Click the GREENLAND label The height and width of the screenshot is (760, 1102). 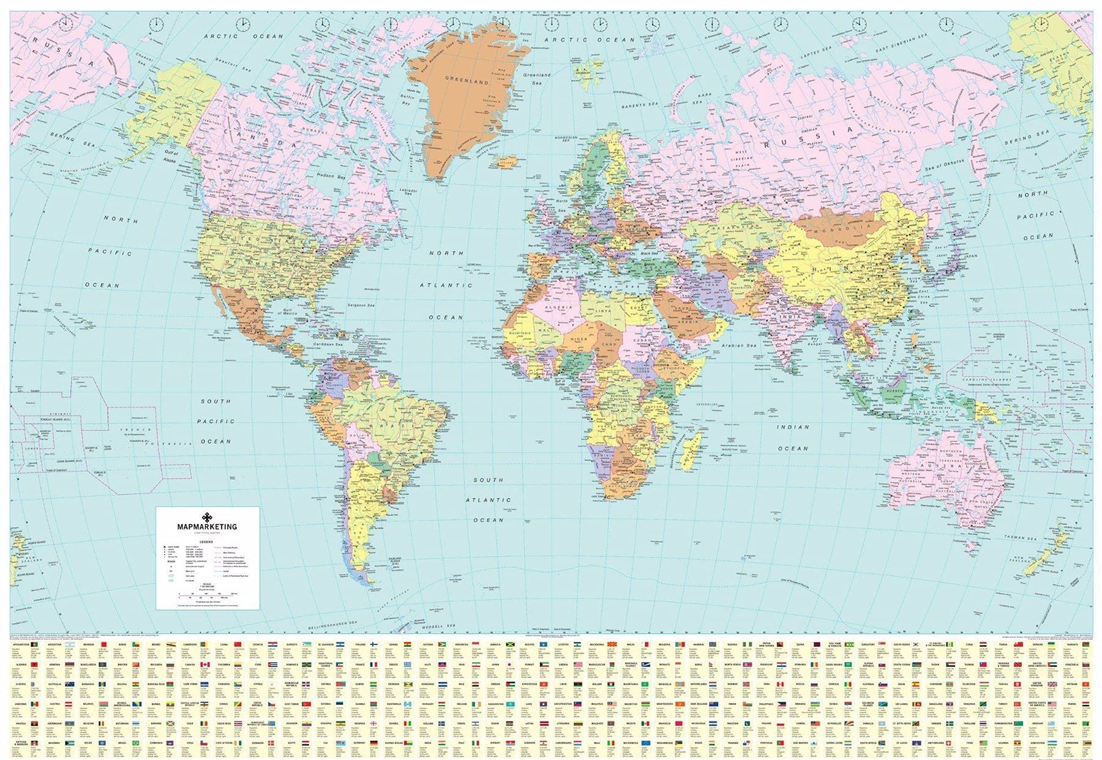click(x=467, y=81)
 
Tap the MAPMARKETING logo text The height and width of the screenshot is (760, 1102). click(x=206, y=526)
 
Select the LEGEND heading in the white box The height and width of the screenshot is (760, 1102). click(x=206, y=541)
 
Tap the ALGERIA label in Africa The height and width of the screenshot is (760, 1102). click(x=558, y=307)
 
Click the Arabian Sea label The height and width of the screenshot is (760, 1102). click(x=739, y=346)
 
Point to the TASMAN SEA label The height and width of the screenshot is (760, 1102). click(x=1019, y=538)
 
